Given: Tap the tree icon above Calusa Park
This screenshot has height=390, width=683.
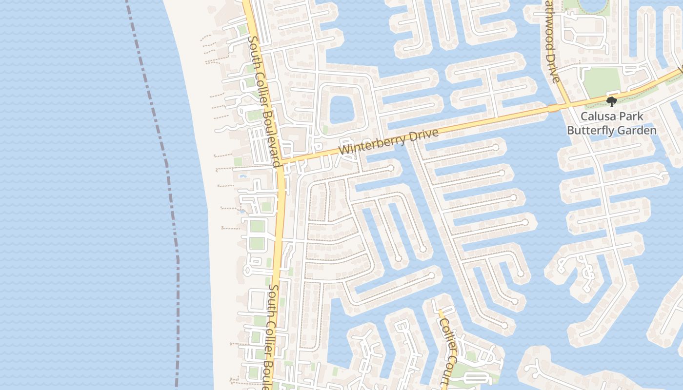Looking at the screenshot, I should (611, 102).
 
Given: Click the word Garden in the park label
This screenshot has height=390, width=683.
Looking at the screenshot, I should (638, 131).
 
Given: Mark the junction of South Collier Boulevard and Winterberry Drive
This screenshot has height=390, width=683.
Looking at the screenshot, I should (281, 161).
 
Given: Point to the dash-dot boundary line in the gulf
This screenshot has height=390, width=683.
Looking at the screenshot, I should (166, 161).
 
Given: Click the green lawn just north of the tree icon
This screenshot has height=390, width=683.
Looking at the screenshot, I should (602, 81).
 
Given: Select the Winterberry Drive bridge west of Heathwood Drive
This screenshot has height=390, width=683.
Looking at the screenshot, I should (554, 108).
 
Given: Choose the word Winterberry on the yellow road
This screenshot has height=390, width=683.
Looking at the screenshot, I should (371, 144).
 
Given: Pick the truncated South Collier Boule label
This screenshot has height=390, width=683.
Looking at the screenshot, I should (272, 336).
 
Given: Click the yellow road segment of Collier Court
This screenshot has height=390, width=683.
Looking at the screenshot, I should (441, 314).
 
